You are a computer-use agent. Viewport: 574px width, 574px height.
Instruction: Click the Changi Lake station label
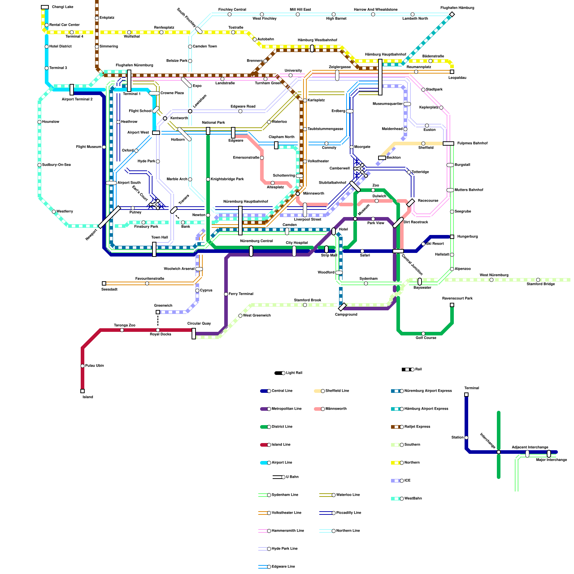point(62,7)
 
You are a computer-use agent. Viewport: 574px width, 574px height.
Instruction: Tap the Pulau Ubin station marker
point(83,366)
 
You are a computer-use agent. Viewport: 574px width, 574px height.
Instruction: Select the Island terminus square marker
point(83,391)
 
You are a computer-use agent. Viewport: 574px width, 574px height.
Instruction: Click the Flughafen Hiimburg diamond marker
point(452,14)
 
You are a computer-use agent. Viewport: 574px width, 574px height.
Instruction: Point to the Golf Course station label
point(426,338)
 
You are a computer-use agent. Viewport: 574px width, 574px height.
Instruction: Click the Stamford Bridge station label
point(541,284)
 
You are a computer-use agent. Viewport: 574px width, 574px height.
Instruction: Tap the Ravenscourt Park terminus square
point(452,305)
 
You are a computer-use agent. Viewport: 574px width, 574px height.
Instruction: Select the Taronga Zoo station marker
point(122,330)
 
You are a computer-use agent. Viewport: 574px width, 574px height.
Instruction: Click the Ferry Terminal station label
point(241,294)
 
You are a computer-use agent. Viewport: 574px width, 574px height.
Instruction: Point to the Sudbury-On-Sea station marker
point(39,165)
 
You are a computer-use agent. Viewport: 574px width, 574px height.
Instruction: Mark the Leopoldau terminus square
point(452,72)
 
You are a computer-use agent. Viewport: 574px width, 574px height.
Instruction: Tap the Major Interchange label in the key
point(551,460)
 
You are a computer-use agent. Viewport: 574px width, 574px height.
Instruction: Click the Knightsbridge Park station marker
point(208,179)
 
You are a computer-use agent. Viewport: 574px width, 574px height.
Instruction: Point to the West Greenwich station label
point(257,316)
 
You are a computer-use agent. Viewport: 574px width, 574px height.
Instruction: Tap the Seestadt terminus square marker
point(104,283)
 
